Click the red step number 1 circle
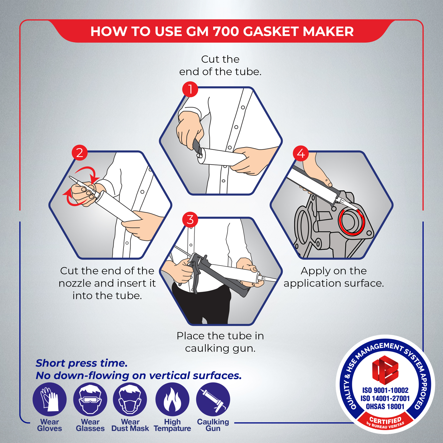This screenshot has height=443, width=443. pos(190,89)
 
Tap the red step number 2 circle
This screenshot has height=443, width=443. pos(79,153)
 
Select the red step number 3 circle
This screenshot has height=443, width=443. pos(190,220)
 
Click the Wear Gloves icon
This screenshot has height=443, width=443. pos(50,399)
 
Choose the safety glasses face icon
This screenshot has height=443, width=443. pos(90,399)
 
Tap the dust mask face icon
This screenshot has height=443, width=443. pos(130,399)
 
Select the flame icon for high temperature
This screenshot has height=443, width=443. pos(172,399)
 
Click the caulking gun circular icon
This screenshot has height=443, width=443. pos(213,399)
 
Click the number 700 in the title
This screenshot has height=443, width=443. pos(226,32)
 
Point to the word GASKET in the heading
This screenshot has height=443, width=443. pos(271,32)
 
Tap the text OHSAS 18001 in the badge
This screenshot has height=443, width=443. pos(385,406)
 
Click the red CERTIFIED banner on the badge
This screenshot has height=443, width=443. pos(385,421)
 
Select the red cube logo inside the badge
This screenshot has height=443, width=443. pos(385,370)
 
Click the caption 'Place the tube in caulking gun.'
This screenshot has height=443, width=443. pos(220,342)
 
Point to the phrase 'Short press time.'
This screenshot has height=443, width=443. pos(82,363)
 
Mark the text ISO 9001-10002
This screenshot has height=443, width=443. pos(385,390)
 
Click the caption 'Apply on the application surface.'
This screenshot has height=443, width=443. pos(334,277)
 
